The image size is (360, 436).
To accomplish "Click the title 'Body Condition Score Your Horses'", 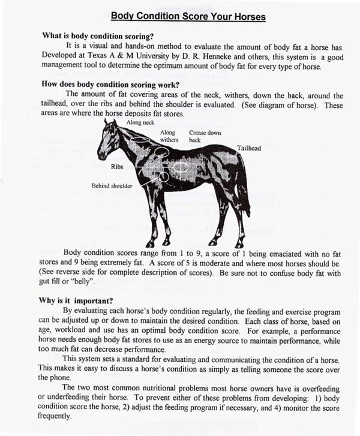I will [x=179, y=17].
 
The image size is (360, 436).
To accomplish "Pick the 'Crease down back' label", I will [x=205, y=136].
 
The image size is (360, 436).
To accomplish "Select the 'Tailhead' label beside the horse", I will [x=248, y=148].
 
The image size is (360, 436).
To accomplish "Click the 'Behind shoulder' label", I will [x=112, y=186].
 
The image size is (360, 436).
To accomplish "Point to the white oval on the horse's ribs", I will [x=184, y=167].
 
